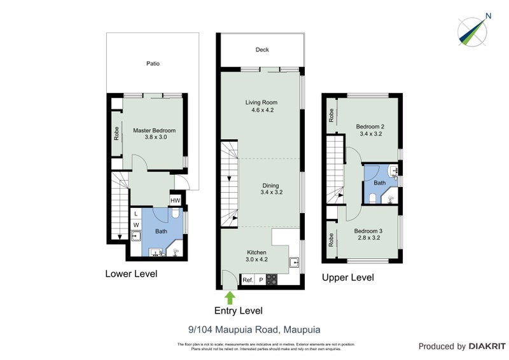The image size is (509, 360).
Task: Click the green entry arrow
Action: (230, 296)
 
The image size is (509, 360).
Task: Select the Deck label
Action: (262, 50)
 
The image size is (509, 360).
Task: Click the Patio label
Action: (153, 64)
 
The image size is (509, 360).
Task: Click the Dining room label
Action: (270, 185)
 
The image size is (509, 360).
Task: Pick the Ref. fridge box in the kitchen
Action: (248, 280)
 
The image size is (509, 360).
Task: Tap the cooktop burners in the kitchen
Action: (271, 280)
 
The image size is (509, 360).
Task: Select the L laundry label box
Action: (136, 214)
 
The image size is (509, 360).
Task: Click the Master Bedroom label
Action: (154, 130)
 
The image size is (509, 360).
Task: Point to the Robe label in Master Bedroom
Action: (116, 134)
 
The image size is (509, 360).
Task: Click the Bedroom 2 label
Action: (370, 127)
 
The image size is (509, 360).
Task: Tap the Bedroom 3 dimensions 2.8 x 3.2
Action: (367, 238)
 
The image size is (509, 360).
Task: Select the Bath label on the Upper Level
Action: (380, 183)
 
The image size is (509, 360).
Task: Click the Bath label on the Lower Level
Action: (161, 232)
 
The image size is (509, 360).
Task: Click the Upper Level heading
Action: (347, 277)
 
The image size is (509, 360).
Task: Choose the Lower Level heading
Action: (131, 274)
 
